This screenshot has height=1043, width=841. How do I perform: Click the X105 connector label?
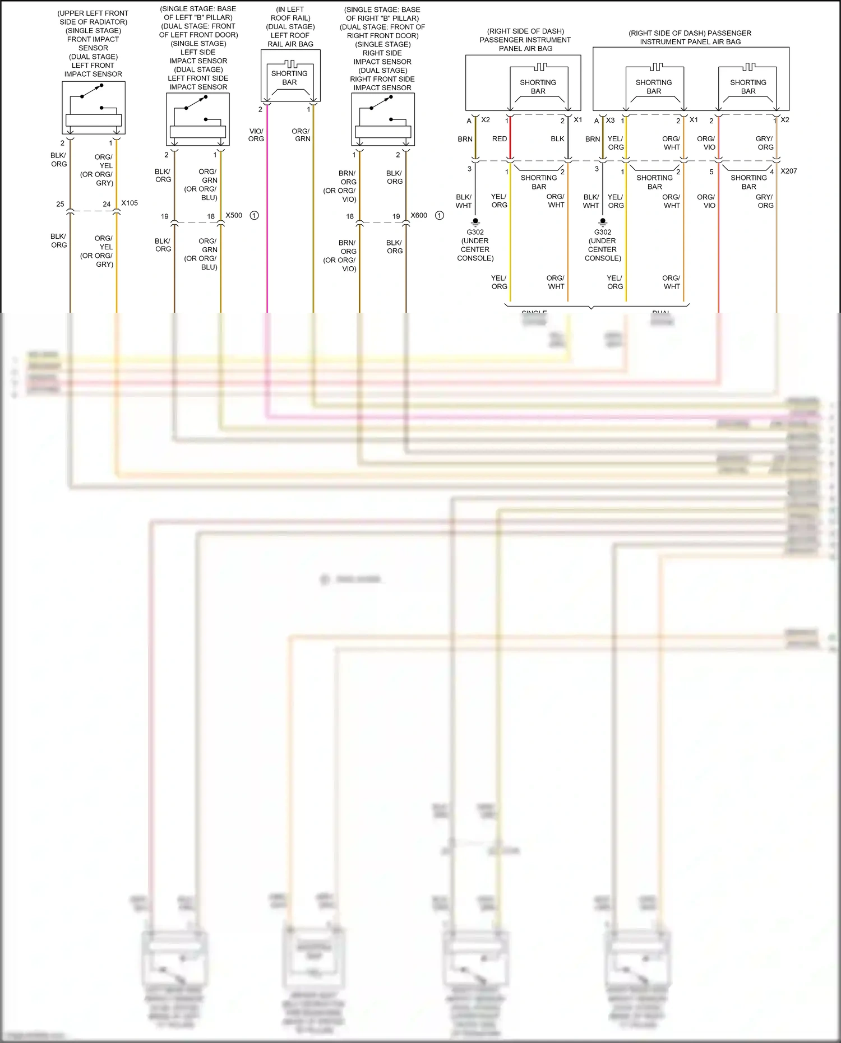tap(130, 203)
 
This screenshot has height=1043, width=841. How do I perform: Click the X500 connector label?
tap(234, 215)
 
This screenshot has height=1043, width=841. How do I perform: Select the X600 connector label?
tap(419, 215)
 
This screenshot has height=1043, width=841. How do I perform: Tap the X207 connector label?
tap(788, 171)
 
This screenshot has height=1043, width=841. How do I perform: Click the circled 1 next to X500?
tap(254, 215)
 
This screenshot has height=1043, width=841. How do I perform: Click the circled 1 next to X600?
tap(440, 215)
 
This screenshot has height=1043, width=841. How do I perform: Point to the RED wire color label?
tap(499, 139)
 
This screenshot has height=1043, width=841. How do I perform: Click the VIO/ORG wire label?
tap(256, 135)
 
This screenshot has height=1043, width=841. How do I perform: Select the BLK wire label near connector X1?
tap(557, 139)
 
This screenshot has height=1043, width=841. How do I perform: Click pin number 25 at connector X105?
tap(60, 204)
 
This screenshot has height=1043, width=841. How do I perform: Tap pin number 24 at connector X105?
tap(107, 204)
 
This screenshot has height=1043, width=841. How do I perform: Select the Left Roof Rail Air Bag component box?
tap(290, 76)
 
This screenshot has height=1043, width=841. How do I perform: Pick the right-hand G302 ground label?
tap(603, 232)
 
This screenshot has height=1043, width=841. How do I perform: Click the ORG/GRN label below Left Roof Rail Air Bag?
tap(302, 135)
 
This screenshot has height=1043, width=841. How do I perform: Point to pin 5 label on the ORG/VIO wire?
tap(711, 172)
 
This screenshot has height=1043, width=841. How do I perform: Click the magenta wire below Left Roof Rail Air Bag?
tap(267, 224)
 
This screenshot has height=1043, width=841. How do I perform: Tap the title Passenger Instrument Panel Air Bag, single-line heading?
tap(690, 38)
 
